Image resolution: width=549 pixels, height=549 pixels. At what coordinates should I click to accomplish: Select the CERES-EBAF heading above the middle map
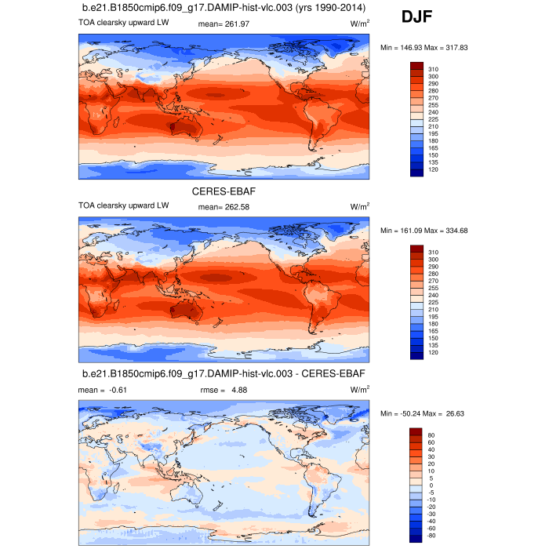coord(224,190)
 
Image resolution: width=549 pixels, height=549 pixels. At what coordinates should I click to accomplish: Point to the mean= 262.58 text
coord(220,207)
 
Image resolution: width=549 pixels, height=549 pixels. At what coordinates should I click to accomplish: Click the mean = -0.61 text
coord(102,389)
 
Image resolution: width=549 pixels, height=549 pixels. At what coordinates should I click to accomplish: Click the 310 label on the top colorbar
coord(432,69)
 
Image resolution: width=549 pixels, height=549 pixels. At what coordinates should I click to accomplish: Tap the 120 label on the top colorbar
coord(432,170)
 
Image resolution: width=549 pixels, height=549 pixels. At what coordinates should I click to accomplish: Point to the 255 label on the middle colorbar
coord(432,288)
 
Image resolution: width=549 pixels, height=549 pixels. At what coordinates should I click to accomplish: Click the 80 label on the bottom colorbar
coord(431,434)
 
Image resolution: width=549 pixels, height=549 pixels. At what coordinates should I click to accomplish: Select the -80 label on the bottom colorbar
coord(432,535)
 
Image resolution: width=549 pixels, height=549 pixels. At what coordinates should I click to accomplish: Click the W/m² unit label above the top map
coord(360,24)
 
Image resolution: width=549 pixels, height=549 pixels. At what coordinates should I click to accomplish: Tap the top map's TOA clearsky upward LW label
coord(123,23)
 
